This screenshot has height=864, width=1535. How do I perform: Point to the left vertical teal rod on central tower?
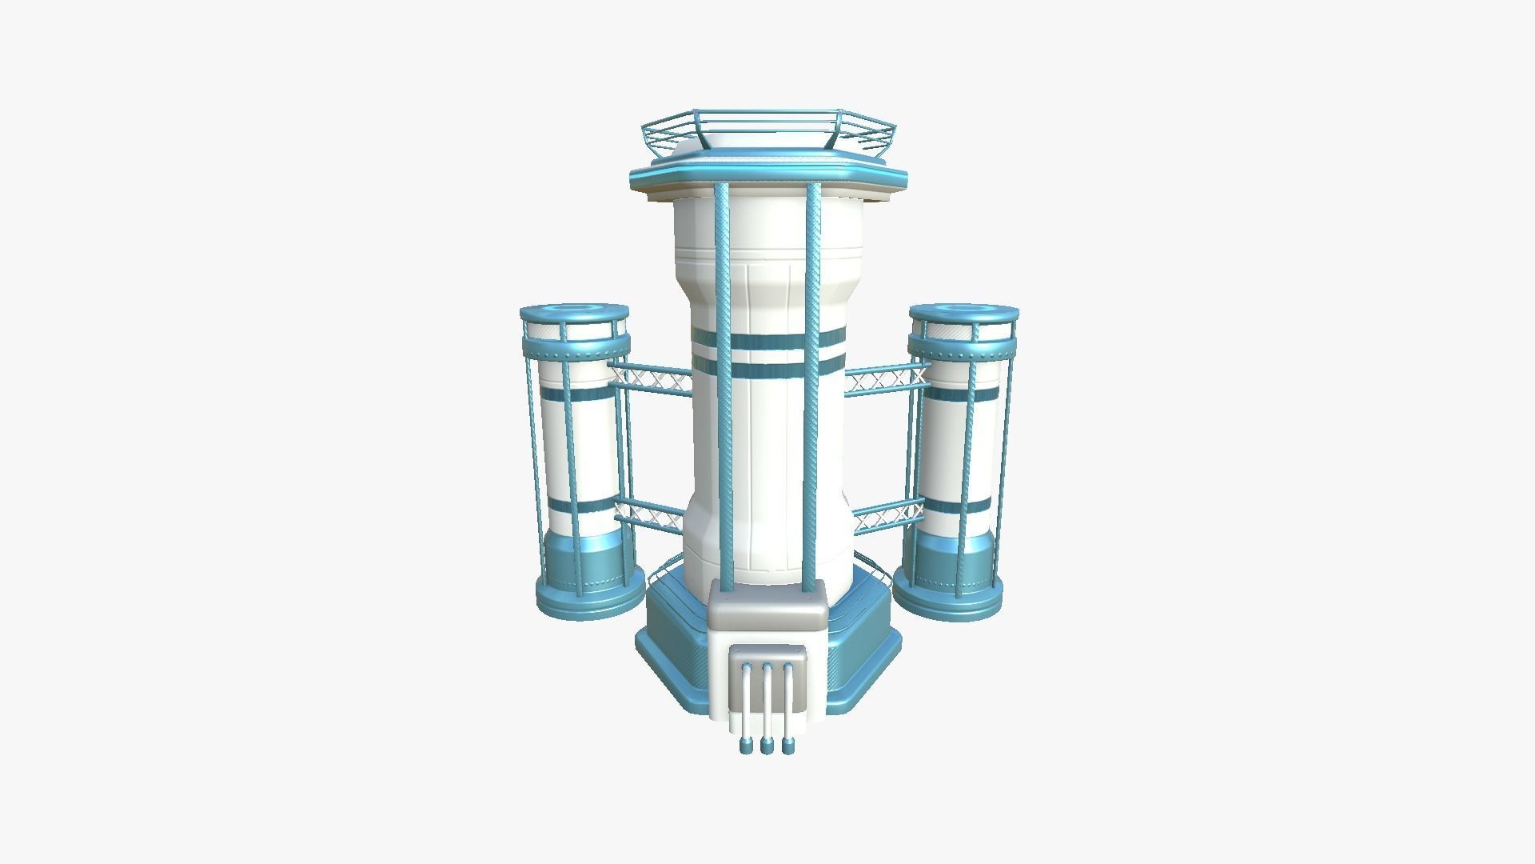coord(725,384)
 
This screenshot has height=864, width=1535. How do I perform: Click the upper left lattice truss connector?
coord(650,378)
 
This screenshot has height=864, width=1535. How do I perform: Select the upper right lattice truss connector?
coord(886,378)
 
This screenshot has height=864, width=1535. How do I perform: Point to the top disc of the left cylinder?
coord(573,311)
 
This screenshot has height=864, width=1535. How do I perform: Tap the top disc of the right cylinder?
coord(963,311)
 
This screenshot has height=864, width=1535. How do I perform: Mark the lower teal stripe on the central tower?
coord(767,370)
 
